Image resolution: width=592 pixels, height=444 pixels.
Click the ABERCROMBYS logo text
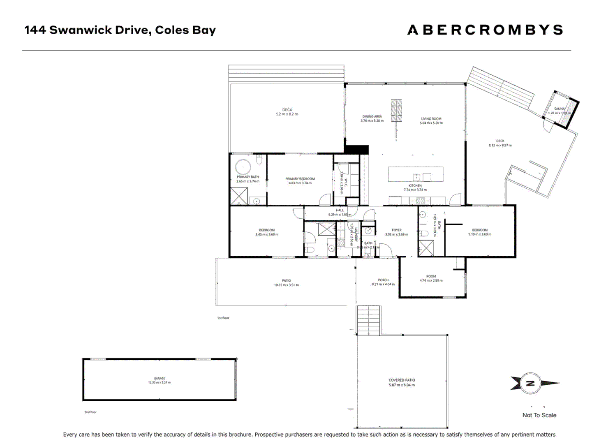pyautogui.click(x=485, y=30)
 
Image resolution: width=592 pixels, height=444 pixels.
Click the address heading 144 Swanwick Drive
pyautogui.click(x=120, y=30)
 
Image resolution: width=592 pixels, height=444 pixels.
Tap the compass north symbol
pyautogui.click(x=531, y=383)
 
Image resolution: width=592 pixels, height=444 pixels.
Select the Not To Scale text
pyautogui.click(x=539, y=415)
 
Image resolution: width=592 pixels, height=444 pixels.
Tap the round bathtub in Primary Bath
pyautogui.click(x=243, y=168)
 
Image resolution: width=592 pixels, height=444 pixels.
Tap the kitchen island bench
pyautogui.click(x=416, y=174)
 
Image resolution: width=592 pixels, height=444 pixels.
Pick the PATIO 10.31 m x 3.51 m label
pyautogui.click(x=286, y=283)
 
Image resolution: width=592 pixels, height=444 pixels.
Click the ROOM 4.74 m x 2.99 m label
pyautogui.click(x=431, y=278)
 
